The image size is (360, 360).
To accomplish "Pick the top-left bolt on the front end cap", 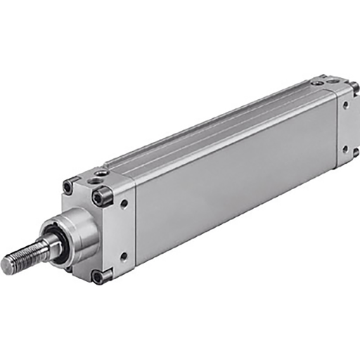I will click(x=68, y=188).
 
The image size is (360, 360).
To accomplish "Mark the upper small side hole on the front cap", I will click(x=124, y=204).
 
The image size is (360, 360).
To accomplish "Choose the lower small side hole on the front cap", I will click(x=124, y=256).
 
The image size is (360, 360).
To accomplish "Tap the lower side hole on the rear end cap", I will click(x=345, y=149).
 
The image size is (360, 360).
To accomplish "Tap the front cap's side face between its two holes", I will click(x=124, y=230).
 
